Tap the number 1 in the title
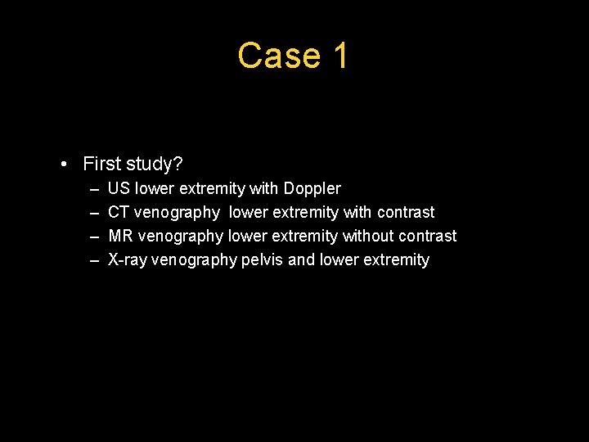[x=340, y=56]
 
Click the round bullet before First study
[x=65, y=165]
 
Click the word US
[x=119, y=188]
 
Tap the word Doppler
[x=312, y=188]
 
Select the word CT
[x=119, y=212]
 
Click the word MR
[x=120, y=236]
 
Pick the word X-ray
[x=128, y=259]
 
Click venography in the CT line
[x=177, y=212]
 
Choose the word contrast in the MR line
[x=427, y=236]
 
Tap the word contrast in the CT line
[x=406, y=212]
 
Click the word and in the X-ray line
[x=301, y=259]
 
